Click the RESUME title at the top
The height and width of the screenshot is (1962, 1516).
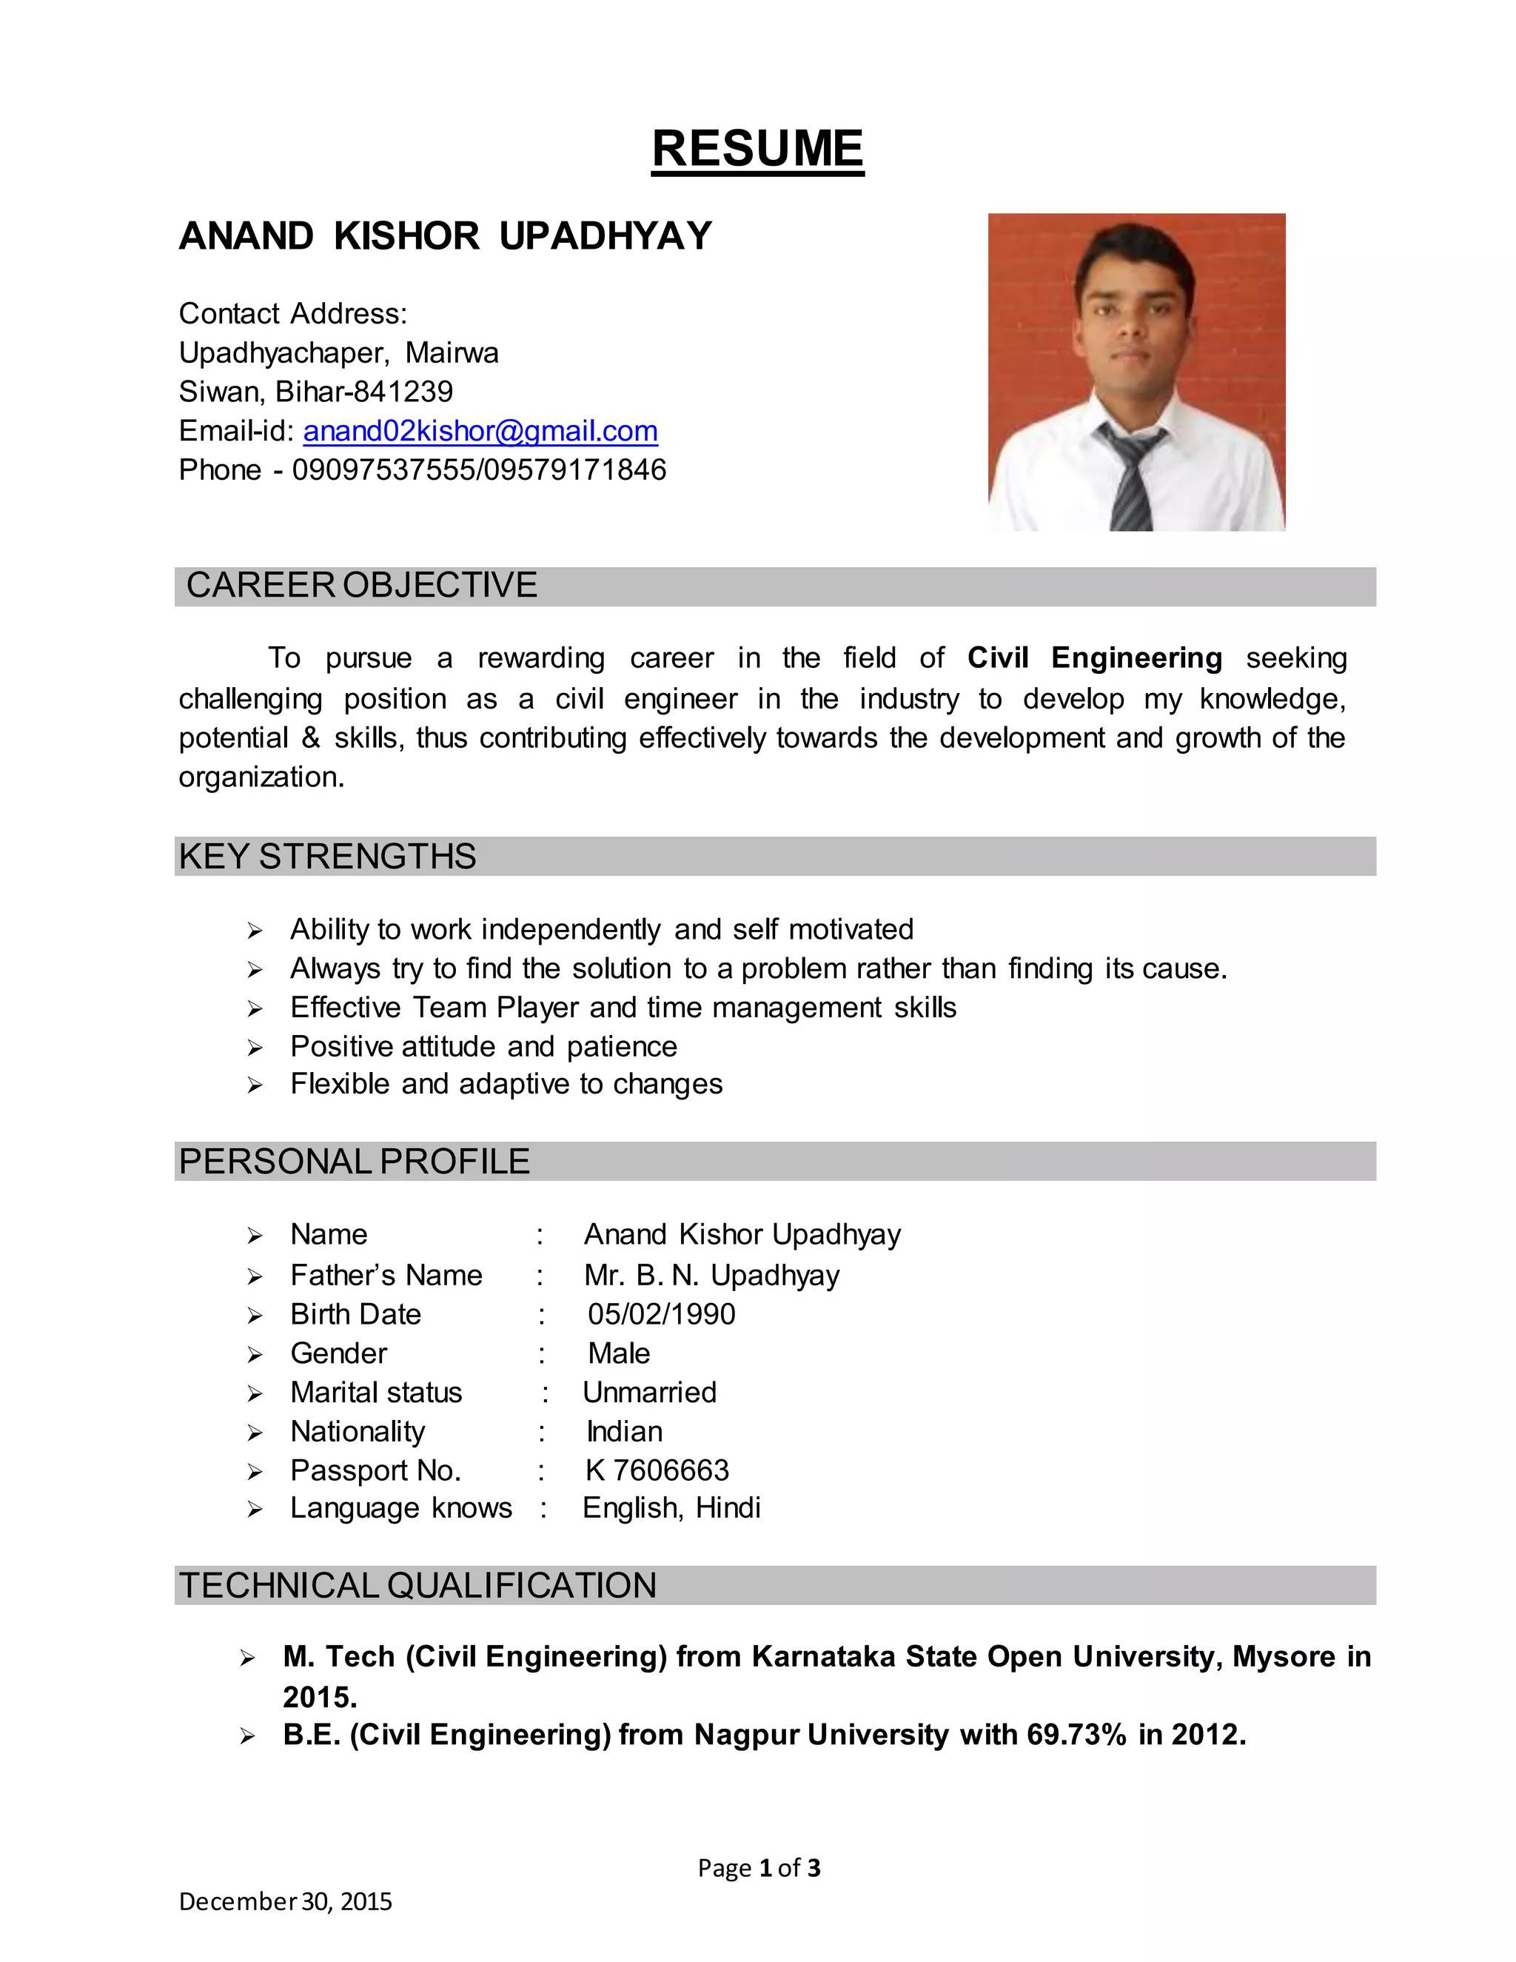(x=757, y=148)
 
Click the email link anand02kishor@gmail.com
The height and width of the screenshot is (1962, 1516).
(x=480, y=431)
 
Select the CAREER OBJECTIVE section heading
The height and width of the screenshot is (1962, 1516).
(x=361, y=586)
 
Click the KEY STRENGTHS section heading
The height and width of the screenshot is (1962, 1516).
(x=328, y=856)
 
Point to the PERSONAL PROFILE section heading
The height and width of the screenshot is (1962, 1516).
(x=354, y=1162)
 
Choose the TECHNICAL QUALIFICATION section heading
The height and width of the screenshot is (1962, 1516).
(x=417, y=1586)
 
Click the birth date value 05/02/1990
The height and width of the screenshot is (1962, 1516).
(x=661, y=1314)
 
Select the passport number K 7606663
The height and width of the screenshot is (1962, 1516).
(x=657, y=1470)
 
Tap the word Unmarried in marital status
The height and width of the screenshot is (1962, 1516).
(x=649, y=1393)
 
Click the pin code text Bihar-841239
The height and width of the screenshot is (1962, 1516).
(x=363, y=392)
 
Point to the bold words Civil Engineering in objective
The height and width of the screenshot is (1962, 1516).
(x=1094, y=657)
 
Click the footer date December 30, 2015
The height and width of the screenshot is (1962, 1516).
(x=285, y=1901)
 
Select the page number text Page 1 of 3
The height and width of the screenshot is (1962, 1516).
(x=759, y=1868)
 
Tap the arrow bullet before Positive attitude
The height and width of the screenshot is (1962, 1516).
(x=255, y=1048)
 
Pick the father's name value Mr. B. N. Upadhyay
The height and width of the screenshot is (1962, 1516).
(x=711, y=1276)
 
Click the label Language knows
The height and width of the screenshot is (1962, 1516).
(x=400, y=1507)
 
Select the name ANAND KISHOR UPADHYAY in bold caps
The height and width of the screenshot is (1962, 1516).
(x=445, y=236)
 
